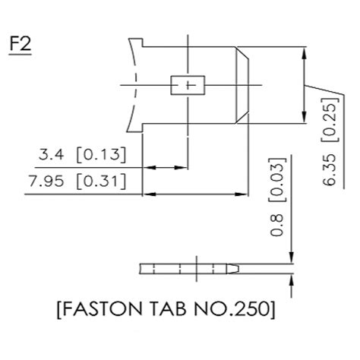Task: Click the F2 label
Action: [x=21, y=43]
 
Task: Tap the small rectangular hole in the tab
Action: [x=187, y=84]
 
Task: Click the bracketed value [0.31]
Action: [x=100, y=182]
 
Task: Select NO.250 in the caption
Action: [x=235, y=310]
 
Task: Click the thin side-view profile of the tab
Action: [x=190, y=268]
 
